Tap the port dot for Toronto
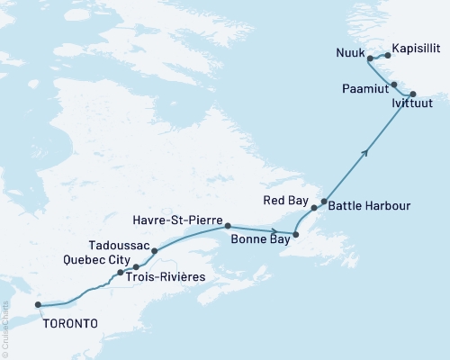(x=38, y=305)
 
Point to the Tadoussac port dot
(x=155, y=251)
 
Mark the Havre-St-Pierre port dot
(x=228, y=226)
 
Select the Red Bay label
(x=286, y=199)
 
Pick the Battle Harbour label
(x=369, y=206)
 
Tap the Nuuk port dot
(x=370, y=58)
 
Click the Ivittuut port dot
(x=413, y=94)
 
